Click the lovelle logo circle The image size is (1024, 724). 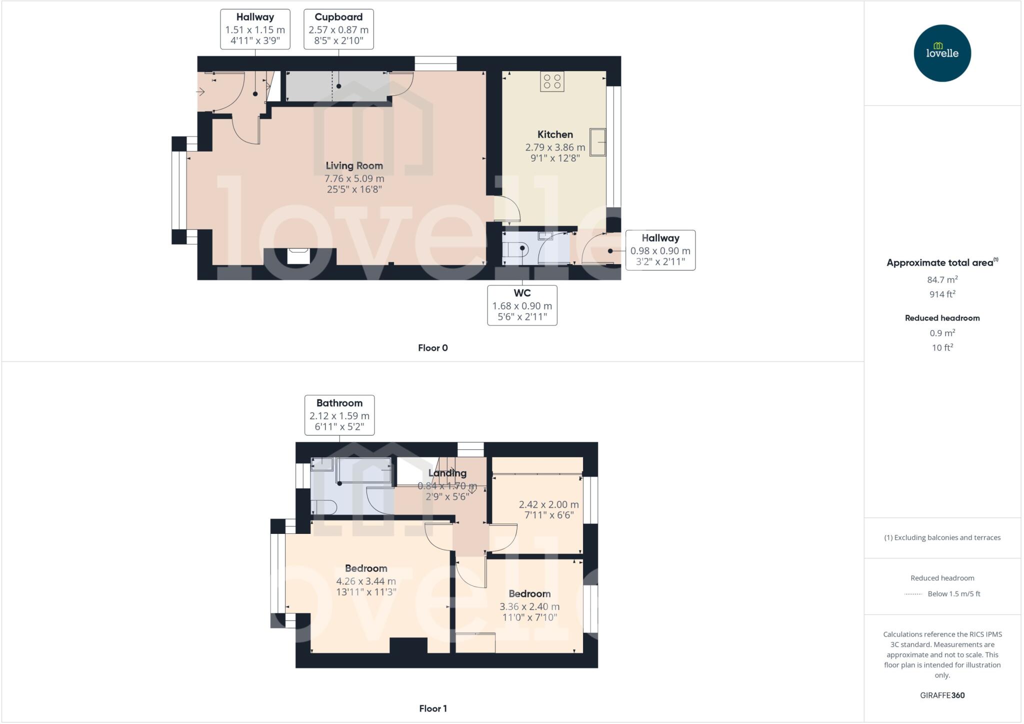point(942,53)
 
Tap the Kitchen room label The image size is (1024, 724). point(555,135)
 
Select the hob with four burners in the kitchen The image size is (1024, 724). point(552,82)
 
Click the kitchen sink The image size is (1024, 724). point(597,142)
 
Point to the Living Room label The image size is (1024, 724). point(354,166)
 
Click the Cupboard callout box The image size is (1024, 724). point(338,29)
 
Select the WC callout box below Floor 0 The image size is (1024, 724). point(522,305)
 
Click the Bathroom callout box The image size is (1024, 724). point(339,415)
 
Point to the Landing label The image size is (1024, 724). point(447,473)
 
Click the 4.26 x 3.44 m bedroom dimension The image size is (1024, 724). point(366,581)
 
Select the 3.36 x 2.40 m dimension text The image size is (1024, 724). point(529,606)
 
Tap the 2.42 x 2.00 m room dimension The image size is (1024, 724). point(548,505)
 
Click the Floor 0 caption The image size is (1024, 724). point(433,348)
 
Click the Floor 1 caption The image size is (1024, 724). point(433,708)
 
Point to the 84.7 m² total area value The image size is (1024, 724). point(942,280)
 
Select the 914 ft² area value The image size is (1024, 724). point(942,294)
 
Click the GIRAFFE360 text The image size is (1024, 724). point(942,695)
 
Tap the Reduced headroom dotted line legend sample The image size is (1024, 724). point(913,594)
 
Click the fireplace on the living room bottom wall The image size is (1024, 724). point(298,256)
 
